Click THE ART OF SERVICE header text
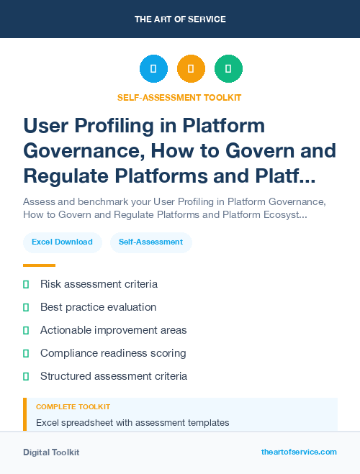(180, 19)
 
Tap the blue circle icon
(153, 69)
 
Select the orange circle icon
(191, 69)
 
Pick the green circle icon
(228, 69)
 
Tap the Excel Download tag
(62, 242)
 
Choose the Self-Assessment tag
(150, 242)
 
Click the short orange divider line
(39, 265)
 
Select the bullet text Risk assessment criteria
(99, 284)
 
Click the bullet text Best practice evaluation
(98, 307)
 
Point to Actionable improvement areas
(113, 330)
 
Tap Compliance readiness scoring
(113, 353)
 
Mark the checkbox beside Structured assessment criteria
(26, 376)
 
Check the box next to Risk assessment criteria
(26, 284)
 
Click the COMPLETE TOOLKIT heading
(73, 407)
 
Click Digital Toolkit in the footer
(51, 452)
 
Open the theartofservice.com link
(299, 452)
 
